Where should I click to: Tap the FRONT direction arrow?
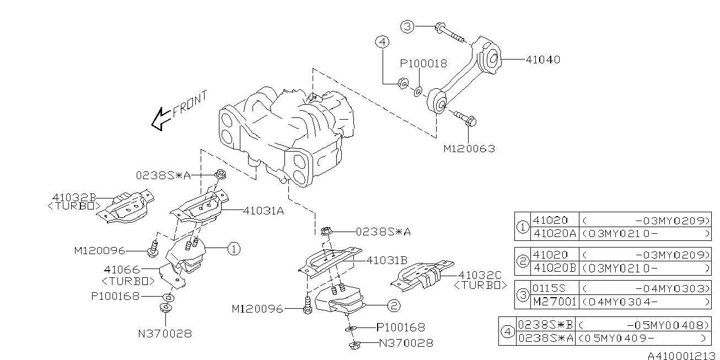tap(161, 119)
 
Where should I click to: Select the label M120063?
tap(469, 148)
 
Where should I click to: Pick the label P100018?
tap(423, 63)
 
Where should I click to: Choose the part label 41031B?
tap(387, 259)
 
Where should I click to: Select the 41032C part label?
tap(480, 275)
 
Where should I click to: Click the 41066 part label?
tap(122, 270)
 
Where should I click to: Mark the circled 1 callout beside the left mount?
tap(233, 249)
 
